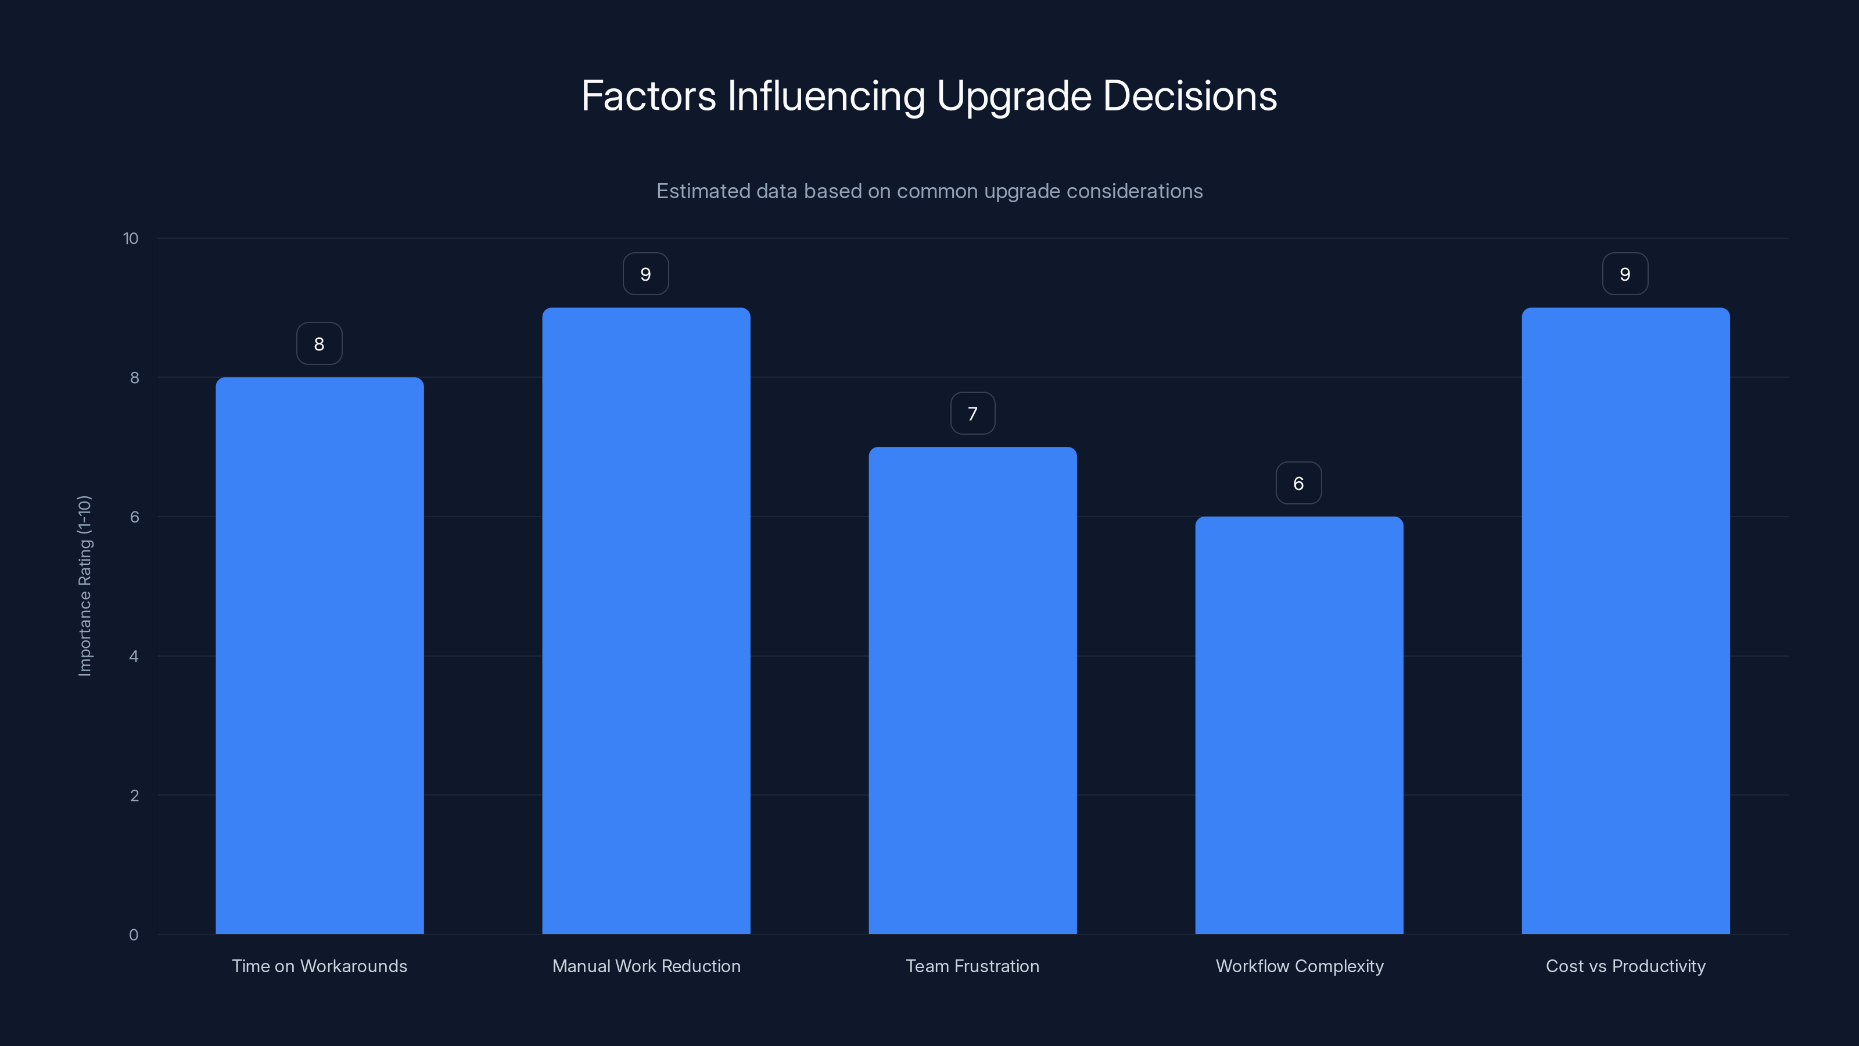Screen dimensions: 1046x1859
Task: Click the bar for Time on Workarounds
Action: (319, 655)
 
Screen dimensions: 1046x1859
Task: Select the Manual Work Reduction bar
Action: (646, 621)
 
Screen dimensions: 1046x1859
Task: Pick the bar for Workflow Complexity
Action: (1299, 725)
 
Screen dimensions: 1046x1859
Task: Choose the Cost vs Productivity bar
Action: (1625, 621)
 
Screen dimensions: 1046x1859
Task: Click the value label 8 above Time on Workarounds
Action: (319, 343)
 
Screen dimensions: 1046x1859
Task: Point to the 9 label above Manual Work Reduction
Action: (646, 274)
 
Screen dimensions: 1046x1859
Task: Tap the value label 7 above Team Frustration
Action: (972, 414)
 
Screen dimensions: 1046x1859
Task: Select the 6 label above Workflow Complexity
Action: (1298, 483)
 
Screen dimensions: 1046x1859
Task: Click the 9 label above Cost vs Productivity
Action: (1624, 274)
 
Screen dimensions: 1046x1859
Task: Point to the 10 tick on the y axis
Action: (131, 239)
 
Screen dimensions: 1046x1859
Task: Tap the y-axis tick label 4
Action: (134, 656)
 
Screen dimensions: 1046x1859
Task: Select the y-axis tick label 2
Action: (134, 796)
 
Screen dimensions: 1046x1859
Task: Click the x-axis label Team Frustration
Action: (972, 966)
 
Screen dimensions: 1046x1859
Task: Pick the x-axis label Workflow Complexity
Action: (1299, 966)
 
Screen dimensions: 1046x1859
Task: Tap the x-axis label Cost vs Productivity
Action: (1625, 966)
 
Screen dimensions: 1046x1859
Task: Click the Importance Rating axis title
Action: (84, 585)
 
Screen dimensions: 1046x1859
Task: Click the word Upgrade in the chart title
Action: (1013, 96)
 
